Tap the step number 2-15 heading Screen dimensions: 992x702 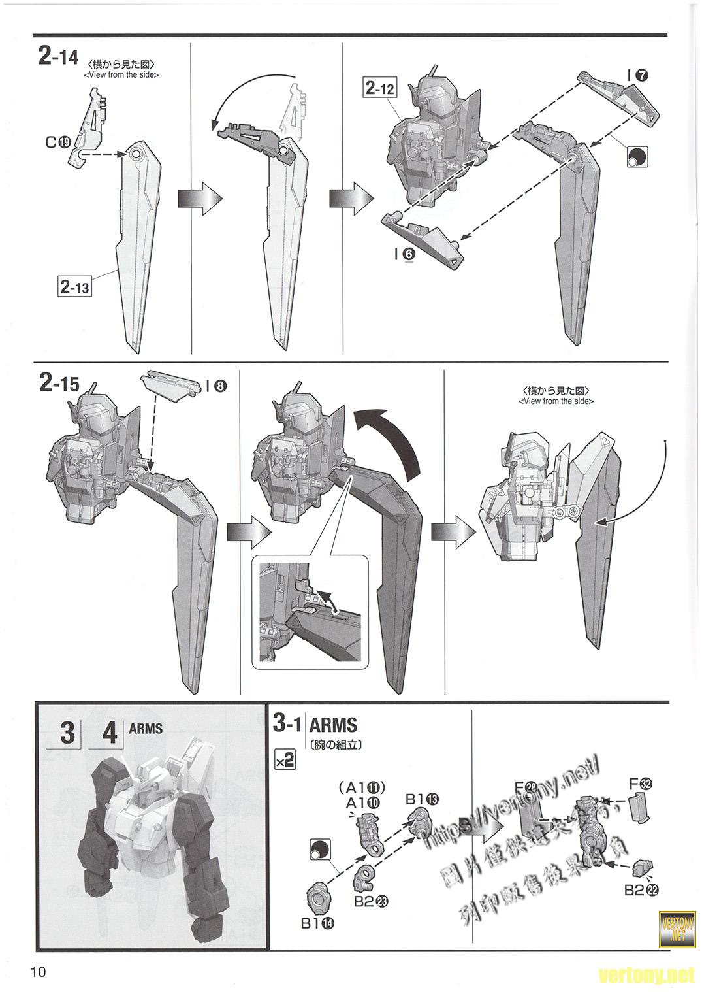pos(59,384)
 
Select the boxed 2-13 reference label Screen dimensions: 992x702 pos(74,286)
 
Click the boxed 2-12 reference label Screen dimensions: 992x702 pos(380,88)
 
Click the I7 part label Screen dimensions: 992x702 pos(637,76)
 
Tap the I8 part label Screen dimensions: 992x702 pos(215,386)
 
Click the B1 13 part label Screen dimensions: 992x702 pos(422,798)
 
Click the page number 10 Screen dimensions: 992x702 pos(37,972)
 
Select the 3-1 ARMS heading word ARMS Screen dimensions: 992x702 pos(333,725)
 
